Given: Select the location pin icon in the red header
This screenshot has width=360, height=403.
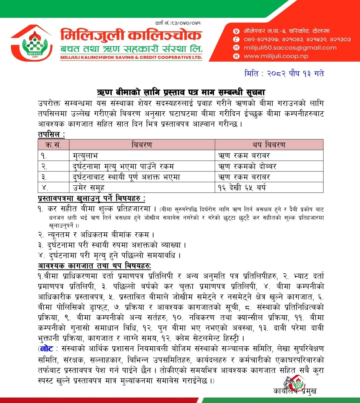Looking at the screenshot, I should (x=237, y=31).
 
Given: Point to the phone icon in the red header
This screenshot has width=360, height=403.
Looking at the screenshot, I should (x=237, y=39).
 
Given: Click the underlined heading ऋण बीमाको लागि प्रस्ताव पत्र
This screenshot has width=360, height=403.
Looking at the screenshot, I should (x=180, y=93).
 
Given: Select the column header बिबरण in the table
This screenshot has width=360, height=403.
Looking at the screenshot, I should (x=141, y=145).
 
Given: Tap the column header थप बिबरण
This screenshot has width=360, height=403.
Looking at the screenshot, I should (x=268, y=145).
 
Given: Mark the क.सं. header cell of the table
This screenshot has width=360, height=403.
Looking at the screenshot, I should (x=53, y=145).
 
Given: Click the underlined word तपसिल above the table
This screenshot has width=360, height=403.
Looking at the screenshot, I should (x=51, y=134).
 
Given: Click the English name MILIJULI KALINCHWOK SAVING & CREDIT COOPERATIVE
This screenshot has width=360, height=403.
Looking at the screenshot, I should (x=131, y=58).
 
